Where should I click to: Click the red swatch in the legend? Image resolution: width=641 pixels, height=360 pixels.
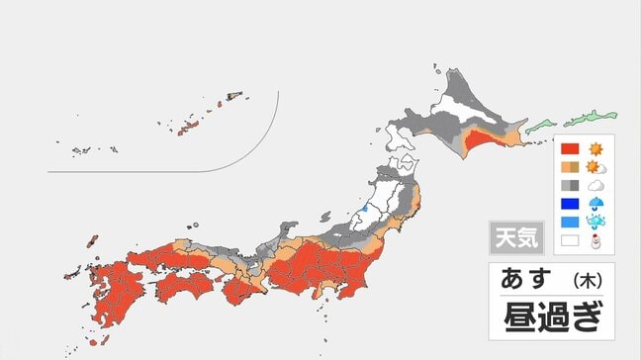569,149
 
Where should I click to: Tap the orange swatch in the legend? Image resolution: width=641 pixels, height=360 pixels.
569,167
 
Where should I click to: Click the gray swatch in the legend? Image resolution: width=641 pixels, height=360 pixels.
569,185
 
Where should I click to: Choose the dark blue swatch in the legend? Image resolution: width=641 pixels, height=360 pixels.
569,204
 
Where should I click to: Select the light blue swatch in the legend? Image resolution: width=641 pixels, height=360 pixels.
569,222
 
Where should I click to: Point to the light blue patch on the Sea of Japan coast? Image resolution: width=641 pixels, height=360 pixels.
363,208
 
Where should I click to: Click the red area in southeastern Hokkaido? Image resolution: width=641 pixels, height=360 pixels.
489,146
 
